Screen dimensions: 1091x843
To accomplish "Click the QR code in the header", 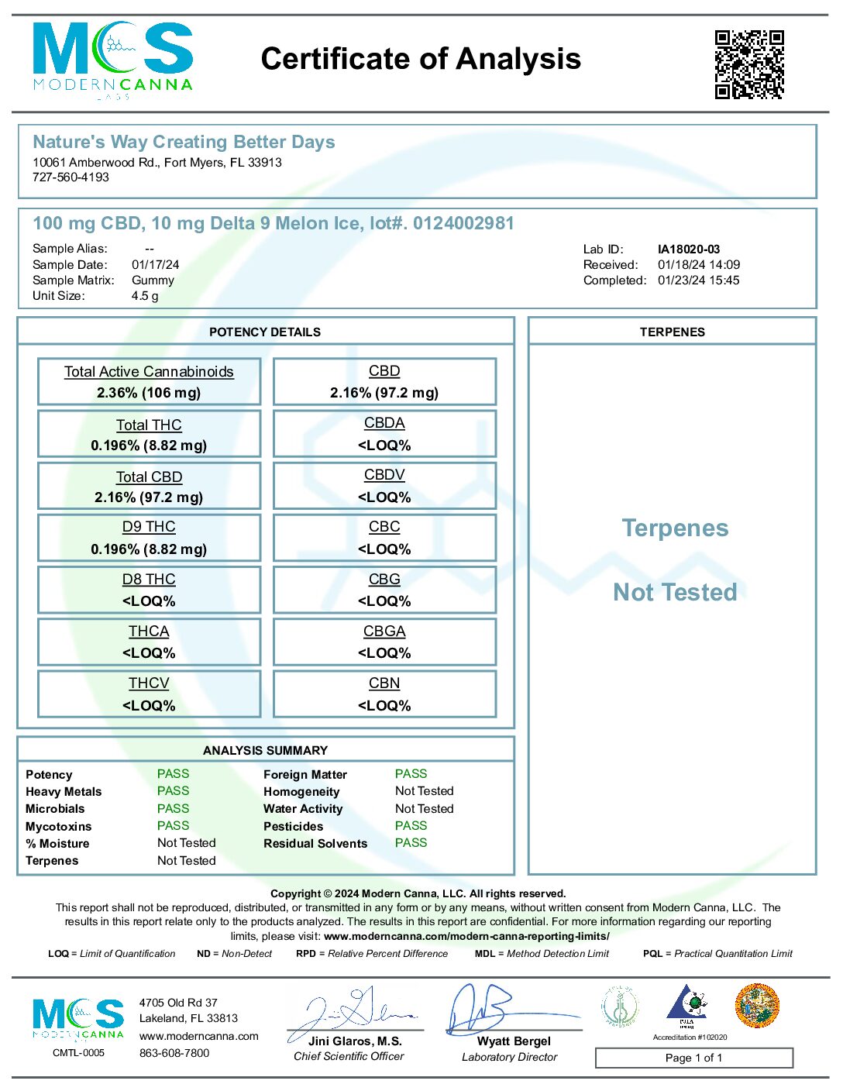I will pos(749,64).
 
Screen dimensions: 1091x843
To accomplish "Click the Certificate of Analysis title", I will pos(421,59).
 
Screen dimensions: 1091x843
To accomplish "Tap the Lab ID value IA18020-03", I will pos(689,250).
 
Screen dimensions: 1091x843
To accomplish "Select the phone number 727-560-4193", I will pos(71,177).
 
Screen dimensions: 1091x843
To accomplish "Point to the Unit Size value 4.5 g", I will pos(145,296).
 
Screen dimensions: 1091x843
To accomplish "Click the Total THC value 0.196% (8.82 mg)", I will pos(149,446).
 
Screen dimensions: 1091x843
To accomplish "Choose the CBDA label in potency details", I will pos(384,423).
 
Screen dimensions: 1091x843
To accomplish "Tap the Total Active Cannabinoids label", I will pos(149,372).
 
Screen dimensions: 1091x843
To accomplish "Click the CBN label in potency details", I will pos(384,683).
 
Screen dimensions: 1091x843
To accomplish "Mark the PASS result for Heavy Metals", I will pos(173,791).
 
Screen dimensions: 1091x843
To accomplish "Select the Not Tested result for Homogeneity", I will pos(424,791).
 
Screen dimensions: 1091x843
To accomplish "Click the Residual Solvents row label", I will pos(315,844).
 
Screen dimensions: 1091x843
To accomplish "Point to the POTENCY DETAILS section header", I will pos(265,332).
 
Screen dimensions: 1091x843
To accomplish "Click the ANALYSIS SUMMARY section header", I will pos(265,751).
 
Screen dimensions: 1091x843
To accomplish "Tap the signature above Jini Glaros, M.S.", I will pos(353,1010).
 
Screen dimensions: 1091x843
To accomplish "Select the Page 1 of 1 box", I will pos(693,1058).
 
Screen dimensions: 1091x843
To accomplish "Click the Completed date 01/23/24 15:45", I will pos(698,280).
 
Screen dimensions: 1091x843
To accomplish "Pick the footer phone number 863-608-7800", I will pos(174,1053).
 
